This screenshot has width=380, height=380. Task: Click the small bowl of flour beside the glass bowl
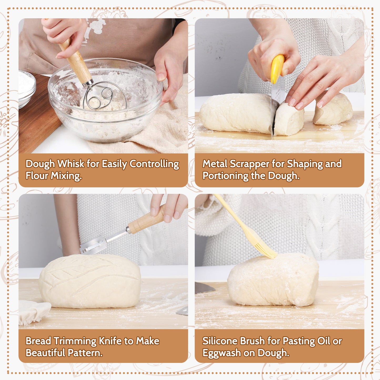(x=27, y=88)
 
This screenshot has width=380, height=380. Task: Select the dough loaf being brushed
(x=273, y=280)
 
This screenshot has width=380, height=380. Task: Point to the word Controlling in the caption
(x=154, y=164)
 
